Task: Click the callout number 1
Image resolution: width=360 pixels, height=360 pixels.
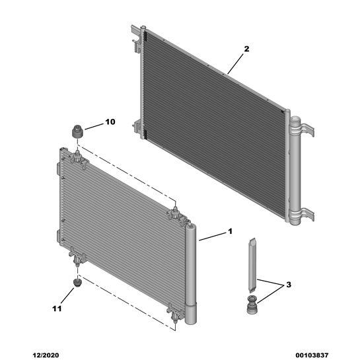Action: [230, 231]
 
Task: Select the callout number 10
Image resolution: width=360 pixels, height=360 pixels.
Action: [109, 122]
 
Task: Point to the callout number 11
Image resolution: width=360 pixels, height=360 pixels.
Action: [57, 308]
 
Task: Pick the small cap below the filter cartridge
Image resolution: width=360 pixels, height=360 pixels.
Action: [252, 306]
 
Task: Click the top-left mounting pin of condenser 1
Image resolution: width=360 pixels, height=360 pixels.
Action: [78, 157]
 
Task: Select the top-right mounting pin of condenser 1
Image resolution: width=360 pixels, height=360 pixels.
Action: [175, 212]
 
